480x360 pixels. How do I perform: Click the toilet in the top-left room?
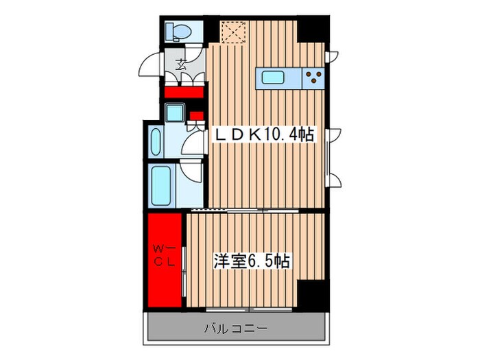point(179,31)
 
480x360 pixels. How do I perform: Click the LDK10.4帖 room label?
point(265,135)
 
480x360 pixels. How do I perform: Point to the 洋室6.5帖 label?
point(250,262)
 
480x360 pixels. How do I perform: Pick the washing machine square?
point(176,112)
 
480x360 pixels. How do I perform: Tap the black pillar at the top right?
point(312,31)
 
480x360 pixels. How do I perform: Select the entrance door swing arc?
point(149,67)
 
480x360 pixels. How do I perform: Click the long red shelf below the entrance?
point(184,91)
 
